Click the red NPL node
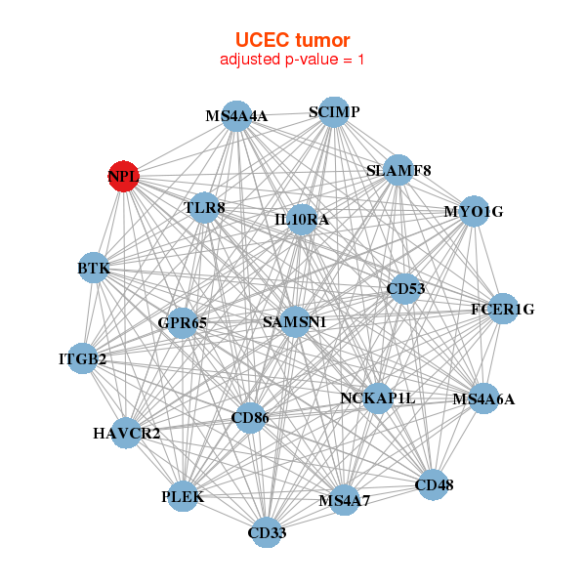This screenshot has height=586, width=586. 123,177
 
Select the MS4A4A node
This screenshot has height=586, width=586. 236,116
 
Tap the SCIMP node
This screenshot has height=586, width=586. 334,112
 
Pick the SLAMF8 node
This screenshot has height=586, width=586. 398,171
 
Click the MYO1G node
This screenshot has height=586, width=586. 473,211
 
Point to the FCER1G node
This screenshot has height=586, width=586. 502,310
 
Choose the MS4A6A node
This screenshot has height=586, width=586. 482,398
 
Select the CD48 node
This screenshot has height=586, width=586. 434,483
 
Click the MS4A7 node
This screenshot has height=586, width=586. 344,501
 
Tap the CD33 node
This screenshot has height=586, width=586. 267,532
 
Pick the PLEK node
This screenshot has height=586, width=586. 183,496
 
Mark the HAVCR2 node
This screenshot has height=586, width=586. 127,433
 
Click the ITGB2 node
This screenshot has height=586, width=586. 83,359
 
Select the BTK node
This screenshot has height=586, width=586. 94,268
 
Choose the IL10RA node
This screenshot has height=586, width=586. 302,220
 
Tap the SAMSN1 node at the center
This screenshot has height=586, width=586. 295,321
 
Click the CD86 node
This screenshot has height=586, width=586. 250,418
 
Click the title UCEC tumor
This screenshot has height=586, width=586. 292,40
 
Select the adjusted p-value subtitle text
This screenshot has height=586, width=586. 292,60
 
